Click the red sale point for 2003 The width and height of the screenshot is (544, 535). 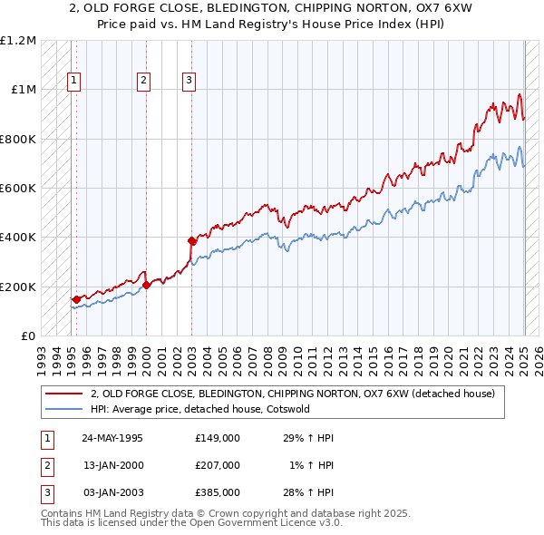(x=191, y=241)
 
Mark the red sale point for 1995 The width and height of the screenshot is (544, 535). (x=76, y=299)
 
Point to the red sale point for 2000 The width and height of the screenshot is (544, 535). (x=146, y=285)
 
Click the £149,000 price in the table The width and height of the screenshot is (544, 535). (x=218, y=438)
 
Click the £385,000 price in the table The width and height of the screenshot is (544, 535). (x=218, y=492)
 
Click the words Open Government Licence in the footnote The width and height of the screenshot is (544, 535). (x=248, y=524)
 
